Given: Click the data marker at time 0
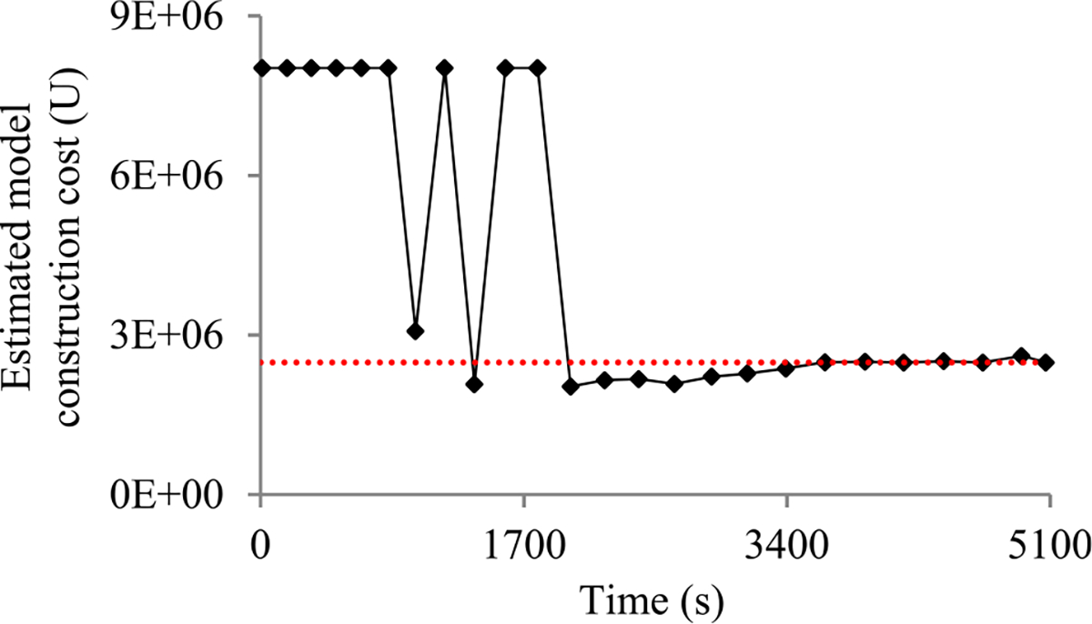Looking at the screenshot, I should coord(262,68).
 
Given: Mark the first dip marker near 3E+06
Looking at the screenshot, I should coord(415,331).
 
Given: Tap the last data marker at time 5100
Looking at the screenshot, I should coord(1046,362).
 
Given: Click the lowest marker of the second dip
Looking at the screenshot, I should coord(473,384).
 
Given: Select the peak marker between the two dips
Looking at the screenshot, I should coord(444,68).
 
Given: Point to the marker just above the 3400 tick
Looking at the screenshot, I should coord(786,368).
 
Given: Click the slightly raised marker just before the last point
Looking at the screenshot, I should coord(1021,356).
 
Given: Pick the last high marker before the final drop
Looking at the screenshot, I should coord(538,68).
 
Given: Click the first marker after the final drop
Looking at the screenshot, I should coord(571,387).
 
